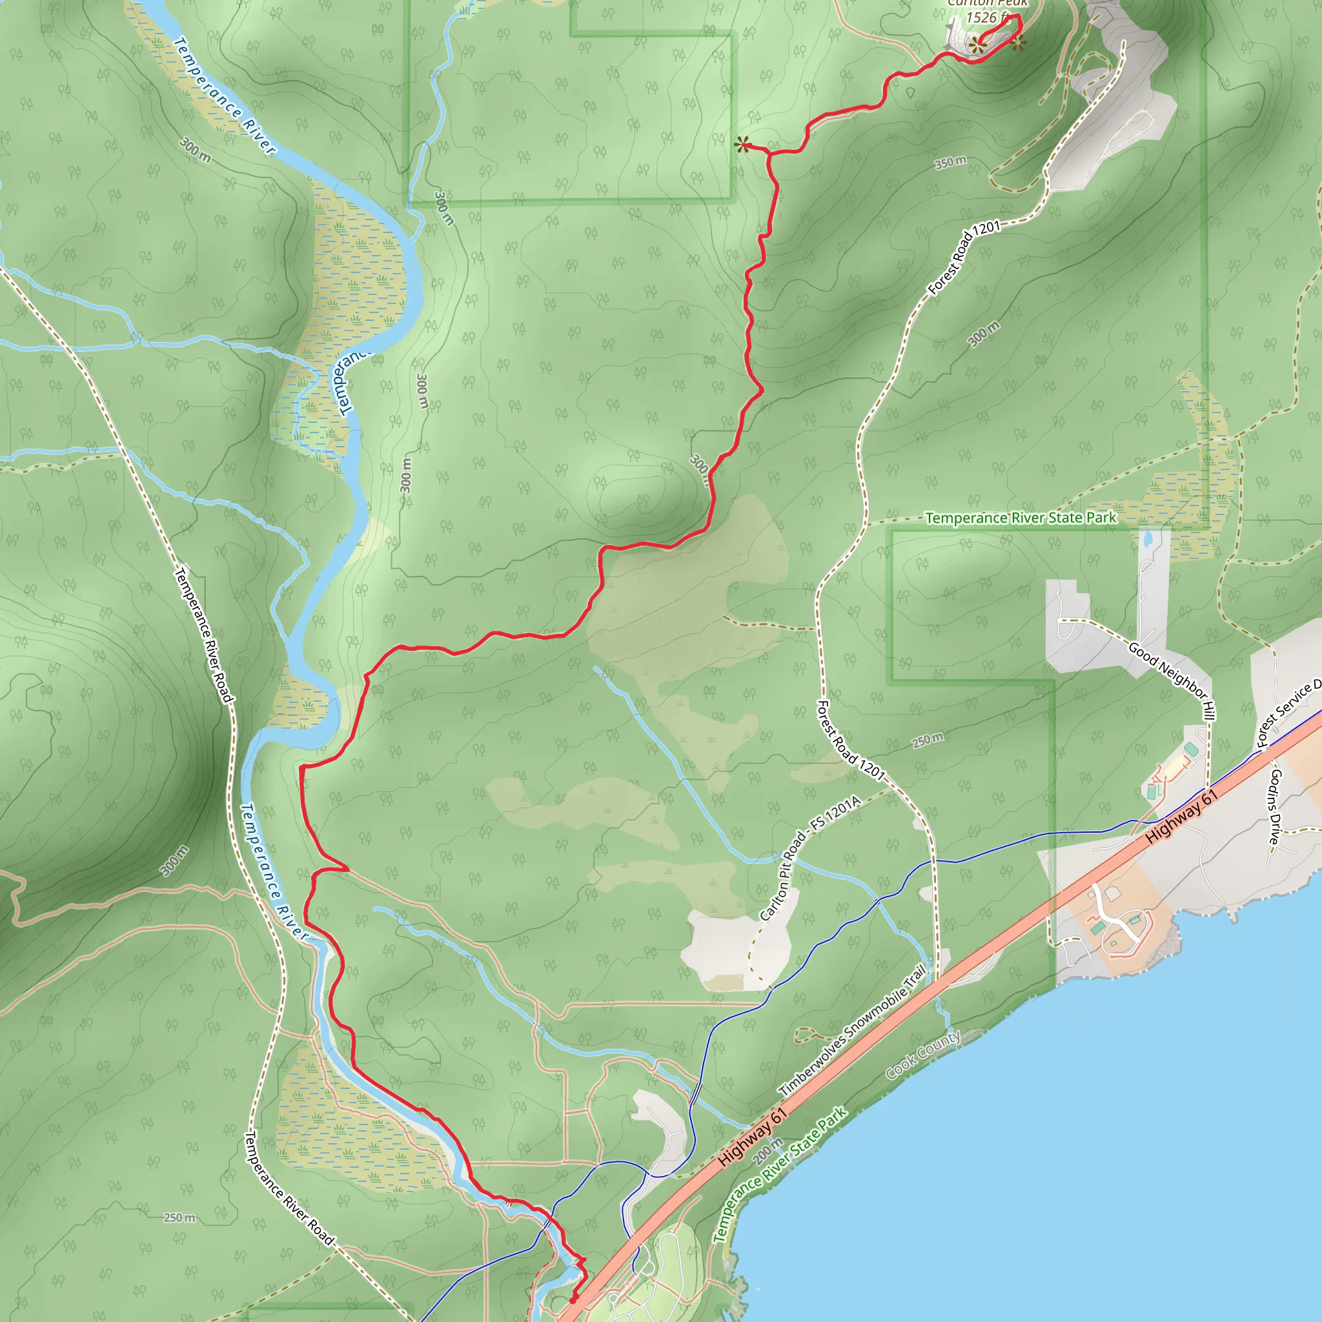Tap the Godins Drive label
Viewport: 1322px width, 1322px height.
[x=1274, y=807]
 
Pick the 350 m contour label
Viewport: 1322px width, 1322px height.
[x=951, y=162]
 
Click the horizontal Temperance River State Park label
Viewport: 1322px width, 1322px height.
[x=1021, y=518]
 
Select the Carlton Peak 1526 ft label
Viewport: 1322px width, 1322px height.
[x=987, y=12]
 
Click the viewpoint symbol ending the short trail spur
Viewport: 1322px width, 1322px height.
[x=742, y=145]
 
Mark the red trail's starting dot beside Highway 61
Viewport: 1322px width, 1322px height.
[x=573, y=1299]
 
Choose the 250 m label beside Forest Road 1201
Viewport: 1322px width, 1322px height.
[x=928, y=740]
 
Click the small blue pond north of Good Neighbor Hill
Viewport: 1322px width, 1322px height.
[x=1148, y=539]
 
